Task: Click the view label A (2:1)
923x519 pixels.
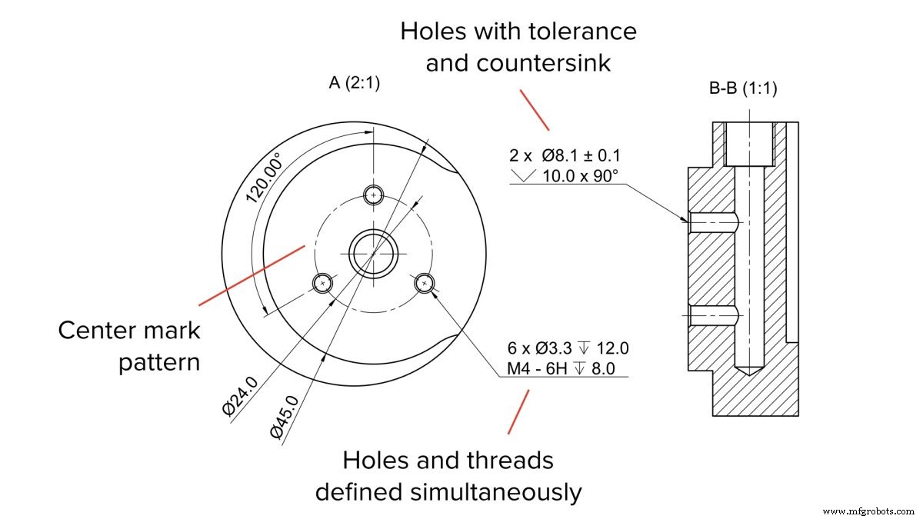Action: tap(354, 84)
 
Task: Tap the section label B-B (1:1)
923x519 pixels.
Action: tap(742, 89)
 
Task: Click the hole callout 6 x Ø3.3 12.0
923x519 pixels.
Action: tap(566, 348)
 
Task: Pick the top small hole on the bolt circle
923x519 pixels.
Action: tap(374, 195)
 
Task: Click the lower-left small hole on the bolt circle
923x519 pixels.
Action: tap(324, 283)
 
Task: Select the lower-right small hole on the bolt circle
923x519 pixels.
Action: tap(425, 284)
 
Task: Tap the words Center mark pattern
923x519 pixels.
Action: tap(129, 346)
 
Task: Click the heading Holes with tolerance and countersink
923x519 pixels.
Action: tap(518, 47)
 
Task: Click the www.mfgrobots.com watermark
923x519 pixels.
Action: tap(868, 511)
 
